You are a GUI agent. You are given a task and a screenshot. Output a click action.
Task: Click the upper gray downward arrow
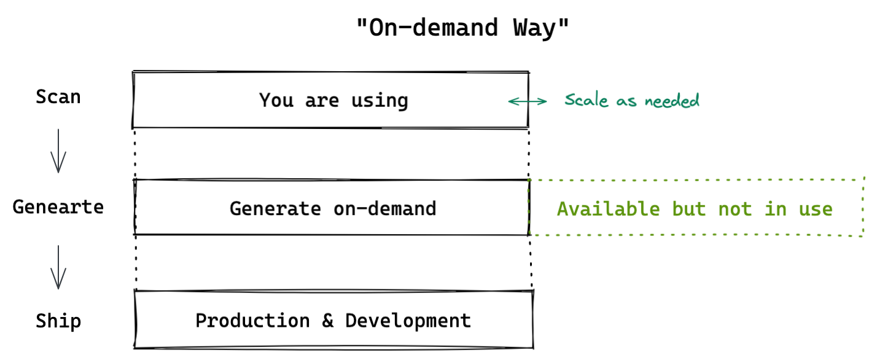[58, 151]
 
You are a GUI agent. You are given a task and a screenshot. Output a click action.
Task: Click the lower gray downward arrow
[58, 267]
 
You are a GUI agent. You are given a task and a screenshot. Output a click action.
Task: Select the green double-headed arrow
[528, 101]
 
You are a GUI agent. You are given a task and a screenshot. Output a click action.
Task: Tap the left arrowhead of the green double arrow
[510, 101]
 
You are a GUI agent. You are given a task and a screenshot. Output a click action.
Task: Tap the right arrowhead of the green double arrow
[545, 101]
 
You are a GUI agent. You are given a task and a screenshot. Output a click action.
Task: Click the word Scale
[585, 100]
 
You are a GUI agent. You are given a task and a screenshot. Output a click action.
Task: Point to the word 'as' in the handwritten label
[626, 101]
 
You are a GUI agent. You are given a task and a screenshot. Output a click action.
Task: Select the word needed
[672, 100]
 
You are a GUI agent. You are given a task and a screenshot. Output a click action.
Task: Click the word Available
[608, 209]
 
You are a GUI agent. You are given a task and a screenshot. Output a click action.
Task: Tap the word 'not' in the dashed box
[735, 209]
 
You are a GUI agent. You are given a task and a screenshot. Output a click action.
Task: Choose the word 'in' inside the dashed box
[775, 209]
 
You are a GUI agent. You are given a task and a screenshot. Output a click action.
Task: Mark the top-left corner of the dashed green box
[529, 179]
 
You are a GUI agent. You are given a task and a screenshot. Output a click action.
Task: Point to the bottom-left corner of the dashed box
[529, 233]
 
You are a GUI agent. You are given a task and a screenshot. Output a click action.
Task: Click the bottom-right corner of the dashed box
[862, 235]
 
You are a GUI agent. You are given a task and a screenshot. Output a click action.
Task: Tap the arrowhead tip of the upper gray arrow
[58, 172]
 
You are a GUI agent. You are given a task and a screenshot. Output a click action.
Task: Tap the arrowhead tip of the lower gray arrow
[58, 289]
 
